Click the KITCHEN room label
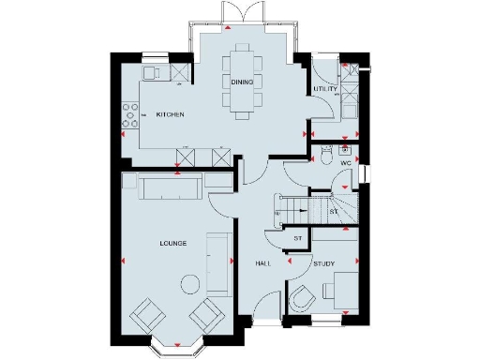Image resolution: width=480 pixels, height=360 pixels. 170,114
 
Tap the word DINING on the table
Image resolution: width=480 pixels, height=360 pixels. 241,82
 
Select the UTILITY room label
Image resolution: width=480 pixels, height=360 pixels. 325,89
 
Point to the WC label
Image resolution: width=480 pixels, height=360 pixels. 345,163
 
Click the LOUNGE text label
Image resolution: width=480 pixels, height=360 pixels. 172,243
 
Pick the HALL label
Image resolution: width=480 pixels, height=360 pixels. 263,263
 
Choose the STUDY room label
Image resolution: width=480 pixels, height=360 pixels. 324,263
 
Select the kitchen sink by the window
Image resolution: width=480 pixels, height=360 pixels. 151,72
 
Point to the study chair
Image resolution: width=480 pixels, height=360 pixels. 303,298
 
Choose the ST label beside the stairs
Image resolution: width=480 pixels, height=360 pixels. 334,213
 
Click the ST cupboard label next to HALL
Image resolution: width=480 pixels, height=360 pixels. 297,238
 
